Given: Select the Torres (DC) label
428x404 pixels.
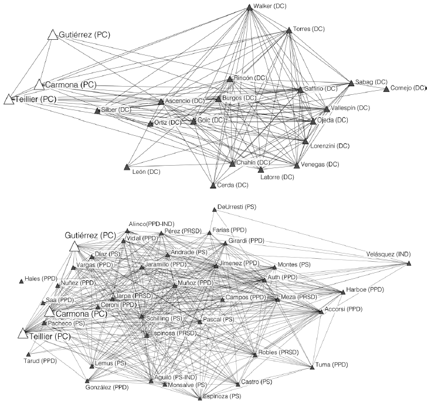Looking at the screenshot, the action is click(309, 29).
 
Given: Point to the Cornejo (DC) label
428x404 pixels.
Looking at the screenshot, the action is click(408, 88).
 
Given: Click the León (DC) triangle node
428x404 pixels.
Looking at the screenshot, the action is click(127, 167).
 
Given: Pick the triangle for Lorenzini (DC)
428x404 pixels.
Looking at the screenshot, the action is click(305, 142).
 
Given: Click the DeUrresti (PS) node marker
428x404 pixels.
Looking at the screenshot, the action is click(213, 209).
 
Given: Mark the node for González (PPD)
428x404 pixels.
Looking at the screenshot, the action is click(87, 381).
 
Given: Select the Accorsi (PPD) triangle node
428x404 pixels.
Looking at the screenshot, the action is click(321, 311).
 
